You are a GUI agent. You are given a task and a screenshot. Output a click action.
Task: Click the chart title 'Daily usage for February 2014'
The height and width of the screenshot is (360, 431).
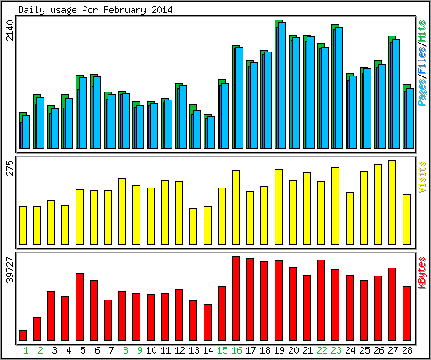pos(95,10)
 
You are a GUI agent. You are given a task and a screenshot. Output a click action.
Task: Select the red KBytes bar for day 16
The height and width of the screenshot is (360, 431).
pos(235,299)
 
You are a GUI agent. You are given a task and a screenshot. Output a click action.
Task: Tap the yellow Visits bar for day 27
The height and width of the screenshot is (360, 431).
pos(392,203)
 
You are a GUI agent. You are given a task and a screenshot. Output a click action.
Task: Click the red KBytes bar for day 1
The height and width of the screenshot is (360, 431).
pos(22,335)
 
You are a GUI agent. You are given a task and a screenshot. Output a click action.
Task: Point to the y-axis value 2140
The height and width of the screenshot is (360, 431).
pos(11,30)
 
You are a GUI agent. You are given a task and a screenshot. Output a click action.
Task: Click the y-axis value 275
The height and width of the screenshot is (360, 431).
pos(11,168)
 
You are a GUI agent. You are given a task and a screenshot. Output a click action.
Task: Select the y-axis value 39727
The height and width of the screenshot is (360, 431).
pos(11,269)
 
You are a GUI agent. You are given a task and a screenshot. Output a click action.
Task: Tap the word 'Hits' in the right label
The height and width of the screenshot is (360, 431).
pos(422,33)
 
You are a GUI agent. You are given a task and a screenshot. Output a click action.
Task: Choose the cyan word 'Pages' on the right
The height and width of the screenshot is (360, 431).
pos(422,92)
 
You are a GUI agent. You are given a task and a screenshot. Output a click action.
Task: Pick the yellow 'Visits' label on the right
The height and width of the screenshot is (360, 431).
pos(422,177)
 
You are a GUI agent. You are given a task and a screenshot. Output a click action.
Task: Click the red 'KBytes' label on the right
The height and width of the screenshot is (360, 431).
pos(422,273)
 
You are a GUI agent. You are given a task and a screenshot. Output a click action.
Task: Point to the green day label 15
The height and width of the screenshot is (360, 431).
pos(222,350)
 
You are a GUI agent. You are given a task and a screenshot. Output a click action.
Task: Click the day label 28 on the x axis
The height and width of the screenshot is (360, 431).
pos(407,350)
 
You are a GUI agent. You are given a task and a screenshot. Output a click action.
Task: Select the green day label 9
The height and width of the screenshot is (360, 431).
pos(140,350)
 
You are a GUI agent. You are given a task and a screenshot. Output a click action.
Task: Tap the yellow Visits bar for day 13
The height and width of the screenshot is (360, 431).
pos(193,227)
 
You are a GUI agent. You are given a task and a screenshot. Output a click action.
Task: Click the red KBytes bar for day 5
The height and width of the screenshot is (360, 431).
pos(79,308)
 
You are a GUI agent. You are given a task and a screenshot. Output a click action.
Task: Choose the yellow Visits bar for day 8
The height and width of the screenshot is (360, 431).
pos(122,212)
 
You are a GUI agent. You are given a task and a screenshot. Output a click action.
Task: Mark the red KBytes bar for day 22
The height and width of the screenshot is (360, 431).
pos(321,300)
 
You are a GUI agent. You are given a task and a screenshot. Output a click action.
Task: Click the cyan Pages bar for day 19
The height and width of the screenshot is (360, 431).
pos(282,85)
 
